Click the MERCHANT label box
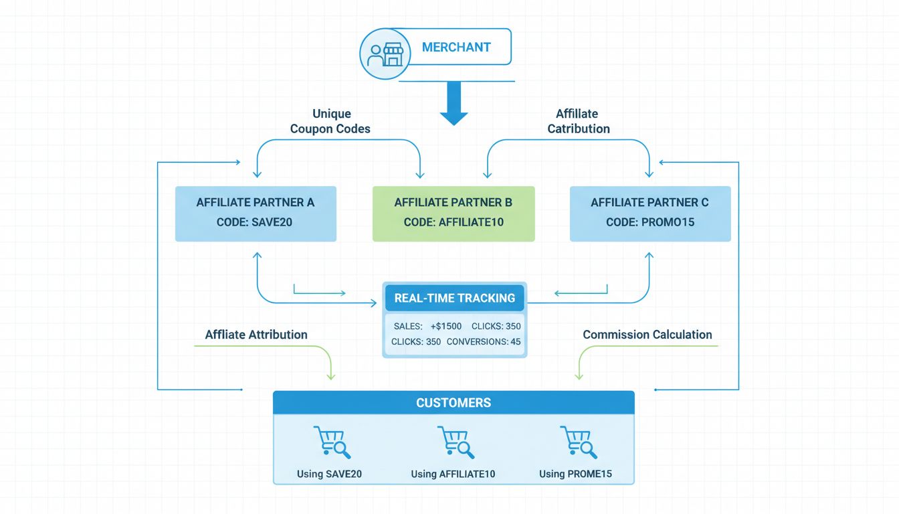coord(456,48)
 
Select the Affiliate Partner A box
coord(256,213)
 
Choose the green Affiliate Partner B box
coord(454,213)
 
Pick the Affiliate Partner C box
coord(650,213)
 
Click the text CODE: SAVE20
coord(254,222)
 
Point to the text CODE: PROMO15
coord(650,222)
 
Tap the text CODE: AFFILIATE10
coord(454,222)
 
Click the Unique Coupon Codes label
coord(330,121)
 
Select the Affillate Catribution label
coord(579,121)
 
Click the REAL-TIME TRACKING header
coord(455,298)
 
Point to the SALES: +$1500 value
coord(427,326)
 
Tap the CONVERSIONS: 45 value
coord(484,341)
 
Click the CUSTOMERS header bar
coord(454,403)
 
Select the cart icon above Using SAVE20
coord(331,442)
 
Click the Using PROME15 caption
coord(575,474)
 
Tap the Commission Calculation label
coord(647,335)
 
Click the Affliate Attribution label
coord(256,335)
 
